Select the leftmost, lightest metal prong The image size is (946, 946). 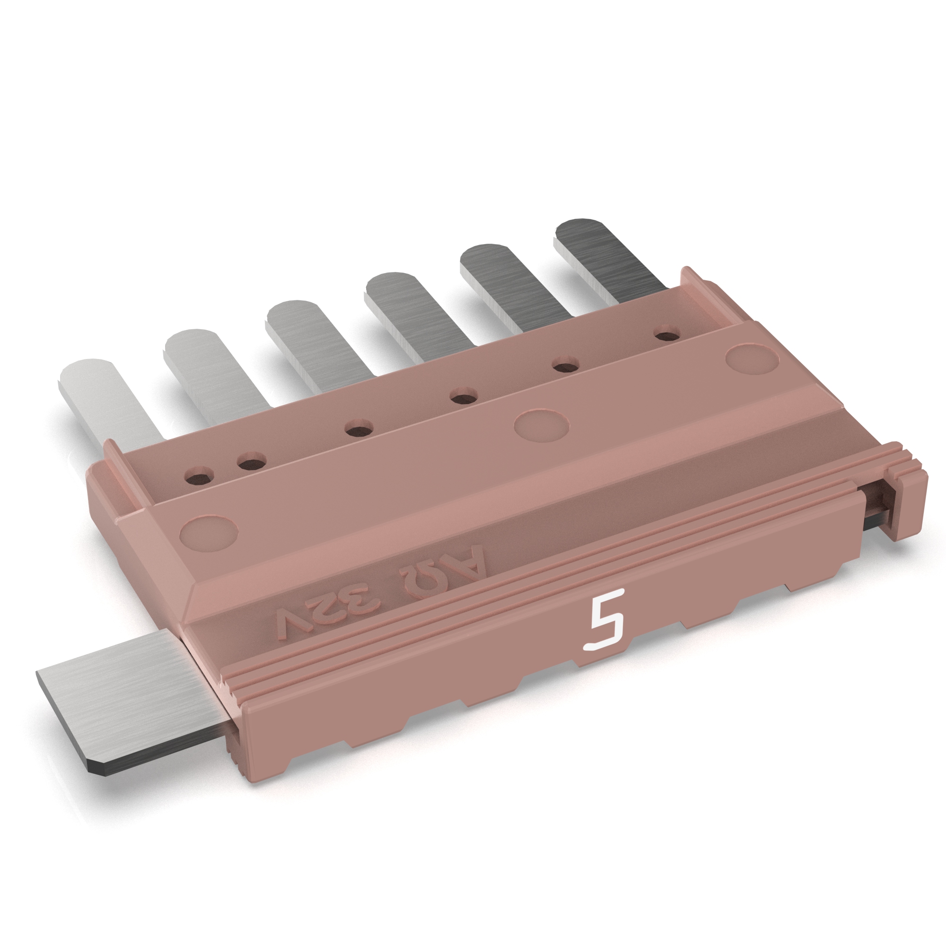point(105,399)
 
